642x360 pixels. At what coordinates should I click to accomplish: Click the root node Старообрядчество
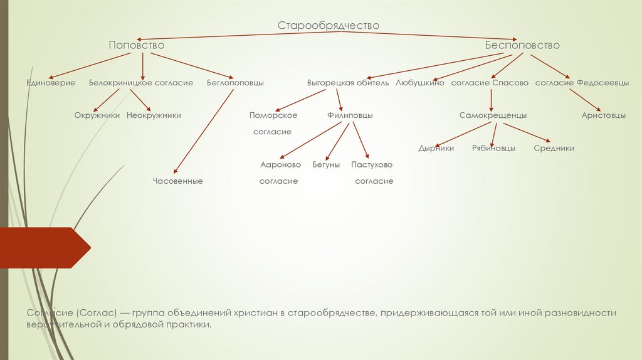coord(329,25)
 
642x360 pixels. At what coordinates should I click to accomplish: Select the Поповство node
coord(136,45)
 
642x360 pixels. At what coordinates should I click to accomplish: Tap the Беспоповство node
coord(522,45)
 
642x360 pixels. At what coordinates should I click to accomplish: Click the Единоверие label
coord(51,83)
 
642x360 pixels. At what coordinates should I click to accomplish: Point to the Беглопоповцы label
coord(235,83)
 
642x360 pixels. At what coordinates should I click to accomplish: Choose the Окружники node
coord(97,115)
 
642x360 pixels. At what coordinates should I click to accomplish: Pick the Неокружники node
coord(154,115)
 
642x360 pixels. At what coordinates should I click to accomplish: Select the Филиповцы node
coord(350,115)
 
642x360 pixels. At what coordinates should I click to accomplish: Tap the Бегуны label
coord(326,164)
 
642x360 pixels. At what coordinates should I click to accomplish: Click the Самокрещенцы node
coord(493,115)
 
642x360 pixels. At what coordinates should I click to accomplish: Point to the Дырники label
coord(436,149)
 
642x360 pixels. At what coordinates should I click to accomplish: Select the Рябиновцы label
coord(494,149)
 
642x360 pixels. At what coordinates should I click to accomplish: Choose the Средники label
coord(554,149)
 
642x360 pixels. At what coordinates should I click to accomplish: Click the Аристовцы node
coord(603,115)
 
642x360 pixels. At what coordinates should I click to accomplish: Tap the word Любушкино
coord(420,83)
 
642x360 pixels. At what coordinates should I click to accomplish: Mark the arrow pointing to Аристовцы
coord(586,100)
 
